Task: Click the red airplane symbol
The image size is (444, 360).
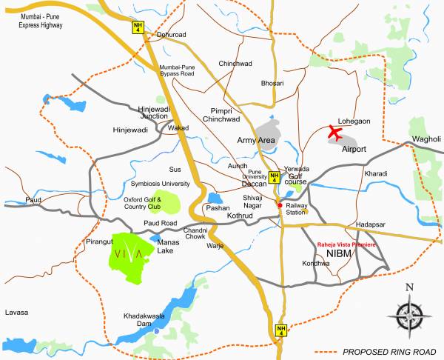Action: (x=334, y=133)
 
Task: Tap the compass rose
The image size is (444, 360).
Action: (x=409, y=311)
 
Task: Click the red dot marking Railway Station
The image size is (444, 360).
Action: (x=279, y=204)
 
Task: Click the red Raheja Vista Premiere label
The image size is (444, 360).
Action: (x=346, y=244)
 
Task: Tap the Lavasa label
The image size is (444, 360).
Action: (x=15, y=313)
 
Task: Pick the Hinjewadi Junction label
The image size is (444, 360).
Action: (x=155, y=112)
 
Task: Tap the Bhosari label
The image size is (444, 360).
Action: (x=272, y=83)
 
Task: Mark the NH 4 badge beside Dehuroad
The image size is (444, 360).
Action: (x=136, y=27)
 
